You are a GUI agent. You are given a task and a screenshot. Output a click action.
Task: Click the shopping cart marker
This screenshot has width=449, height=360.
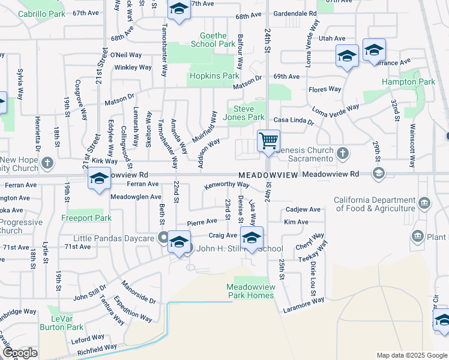[x=268, y=141]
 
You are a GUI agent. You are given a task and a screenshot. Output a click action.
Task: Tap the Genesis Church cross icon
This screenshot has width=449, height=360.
[x=342, y=154]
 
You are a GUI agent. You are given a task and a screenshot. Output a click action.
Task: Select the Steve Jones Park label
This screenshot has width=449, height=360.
[x=249, y=113]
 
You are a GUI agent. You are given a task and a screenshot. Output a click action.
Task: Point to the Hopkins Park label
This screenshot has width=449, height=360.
[x=214, y=76]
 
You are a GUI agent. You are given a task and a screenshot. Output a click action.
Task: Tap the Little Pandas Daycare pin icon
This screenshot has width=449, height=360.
[x=162, y=238]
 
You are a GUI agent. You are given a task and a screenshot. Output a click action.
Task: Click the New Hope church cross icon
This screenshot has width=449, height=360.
[x=47, y=163]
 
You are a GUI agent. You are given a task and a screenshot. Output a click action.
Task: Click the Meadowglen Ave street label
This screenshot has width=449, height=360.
[x=136, y=196]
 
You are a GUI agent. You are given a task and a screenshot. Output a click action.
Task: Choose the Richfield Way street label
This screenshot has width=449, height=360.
[x=98, y=347]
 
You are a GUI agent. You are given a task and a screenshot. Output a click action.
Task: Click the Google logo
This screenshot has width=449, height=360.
[x=19, y=353]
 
